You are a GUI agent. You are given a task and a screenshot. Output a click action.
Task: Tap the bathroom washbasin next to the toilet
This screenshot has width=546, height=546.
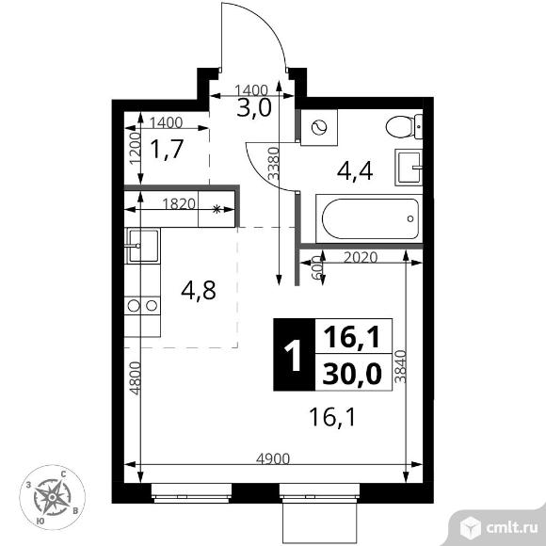point(409,169)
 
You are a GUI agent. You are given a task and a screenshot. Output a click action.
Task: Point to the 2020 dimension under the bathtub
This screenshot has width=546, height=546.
point(361,256)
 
